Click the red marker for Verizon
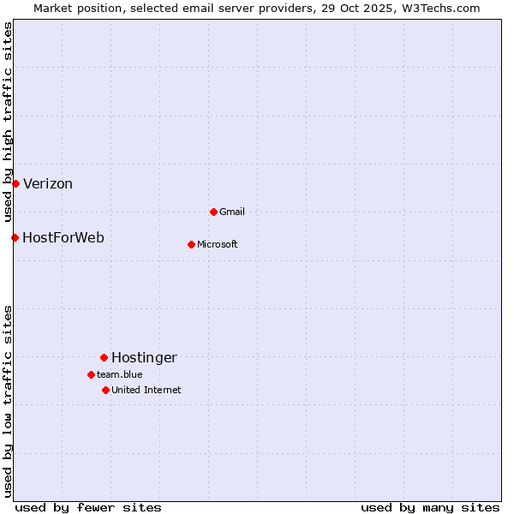coord(15,183)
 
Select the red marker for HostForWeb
coord(15,237)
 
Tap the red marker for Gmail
coord(213,212)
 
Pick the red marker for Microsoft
coord(191,244)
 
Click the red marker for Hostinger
coord(104,357)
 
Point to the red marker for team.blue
coord(91,374)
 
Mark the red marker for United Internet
coord(105,390)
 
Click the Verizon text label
coord(48,183)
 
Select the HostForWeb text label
coord(63,237)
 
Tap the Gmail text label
coord(232,212)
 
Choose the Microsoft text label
coord(218,244)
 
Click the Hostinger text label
coord(144,357)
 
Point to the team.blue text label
coord(120,374)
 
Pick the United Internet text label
coord(146,390)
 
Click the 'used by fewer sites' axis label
coord(88,507)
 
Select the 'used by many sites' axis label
coord(430,507)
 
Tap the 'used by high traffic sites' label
coord(9,123)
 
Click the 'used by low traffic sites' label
coord(9,401)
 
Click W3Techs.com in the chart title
coord(440,8)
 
